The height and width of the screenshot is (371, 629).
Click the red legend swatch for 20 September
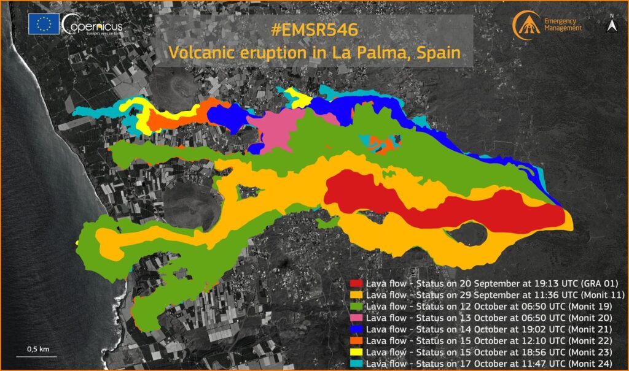click(356, 284)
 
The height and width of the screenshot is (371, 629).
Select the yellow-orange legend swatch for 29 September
click(356, 295)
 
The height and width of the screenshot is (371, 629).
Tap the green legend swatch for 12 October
click(356, 306)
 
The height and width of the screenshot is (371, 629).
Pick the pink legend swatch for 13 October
click(356, 318)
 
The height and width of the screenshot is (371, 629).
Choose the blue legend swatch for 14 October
click(356, 329)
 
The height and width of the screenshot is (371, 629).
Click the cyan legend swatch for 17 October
click(356, 362)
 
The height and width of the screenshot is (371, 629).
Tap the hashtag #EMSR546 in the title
click(313, 29)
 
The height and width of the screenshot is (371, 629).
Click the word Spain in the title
click(438, 53)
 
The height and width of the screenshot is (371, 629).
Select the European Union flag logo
click(44, 24)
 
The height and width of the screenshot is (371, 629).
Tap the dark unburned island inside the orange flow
click(470, 234)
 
